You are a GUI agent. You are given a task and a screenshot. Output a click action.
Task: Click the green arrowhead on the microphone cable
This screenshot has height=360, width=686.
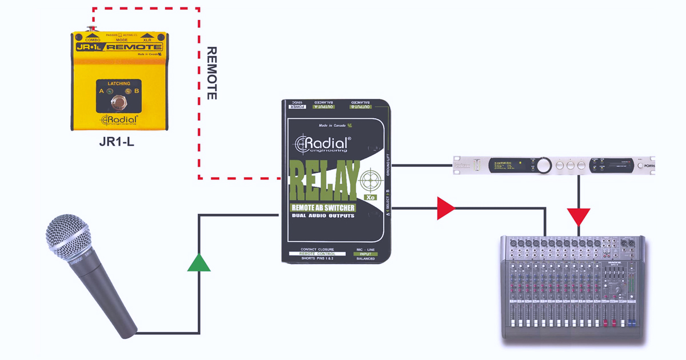pos(198,263)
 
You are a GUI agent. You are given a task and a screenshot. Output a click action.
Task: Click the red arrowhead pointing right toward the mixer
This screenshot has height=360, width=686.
pos(445,209)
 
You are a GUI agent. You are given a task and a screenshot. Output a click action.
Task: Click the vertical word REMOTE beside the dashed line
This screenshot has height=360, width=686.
pos(211,73)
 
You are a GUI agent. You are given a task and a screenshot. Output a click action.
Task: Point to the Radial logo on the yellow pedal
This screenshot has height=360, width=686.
pos(119,119)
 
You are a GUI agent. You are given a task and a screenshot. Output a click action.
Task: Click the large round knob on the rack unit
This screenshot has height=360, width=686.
pos(544,166)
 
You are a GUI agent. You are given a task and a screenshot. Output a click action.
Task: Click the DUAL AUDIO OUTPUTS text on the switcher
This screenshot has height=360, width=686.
pos(322,215)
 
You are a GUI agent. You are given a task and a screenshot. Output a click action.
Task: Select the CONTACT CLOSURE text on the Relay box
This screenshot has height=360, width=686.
pos(317,250)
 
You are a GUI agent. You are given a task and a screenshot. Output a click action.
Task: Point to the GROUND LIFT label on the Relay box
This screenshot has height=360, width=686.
pos(388,165)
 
